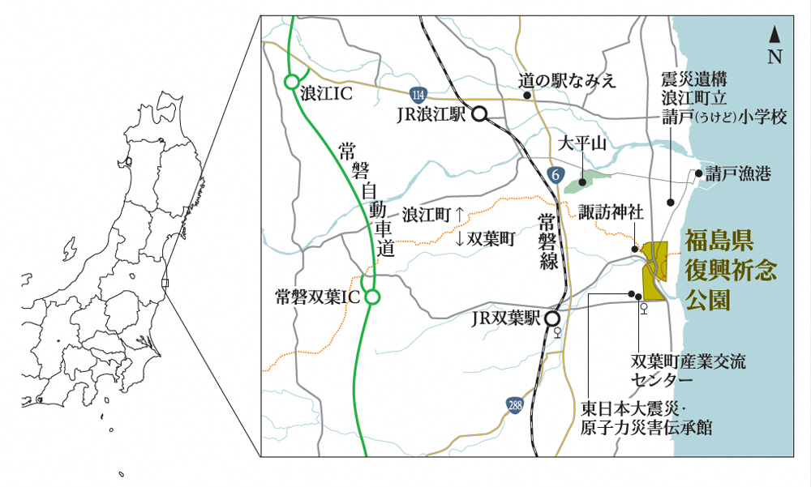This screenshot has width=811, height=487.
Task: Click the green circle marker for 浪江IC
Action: click(x=291, y=82)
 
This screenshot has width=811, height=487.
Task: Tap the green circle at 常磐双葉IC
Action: click(x=372, y=297)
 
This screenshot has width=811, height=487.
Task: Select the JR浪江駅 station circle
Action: click(x=479, y=114)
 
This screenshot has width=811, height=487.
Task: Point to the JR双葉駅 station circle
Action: click(x=552, y=318)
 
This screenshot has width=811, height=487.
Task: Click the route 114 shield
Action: click(x=417, y=92)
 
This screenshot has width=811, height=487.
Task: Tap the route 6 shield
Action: click(x=555, y=174)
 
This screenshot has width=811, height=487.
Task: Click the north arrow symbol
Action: click(x=775, y=36)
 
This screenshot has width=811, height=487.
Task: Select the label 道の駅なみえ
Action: click(x=568, y=80)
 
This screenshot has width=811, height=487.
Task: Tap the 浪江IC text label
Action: click(x=325, y=94)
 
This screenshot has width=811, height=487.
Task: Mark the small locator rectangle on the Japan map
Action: click(x=165, y=283)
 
